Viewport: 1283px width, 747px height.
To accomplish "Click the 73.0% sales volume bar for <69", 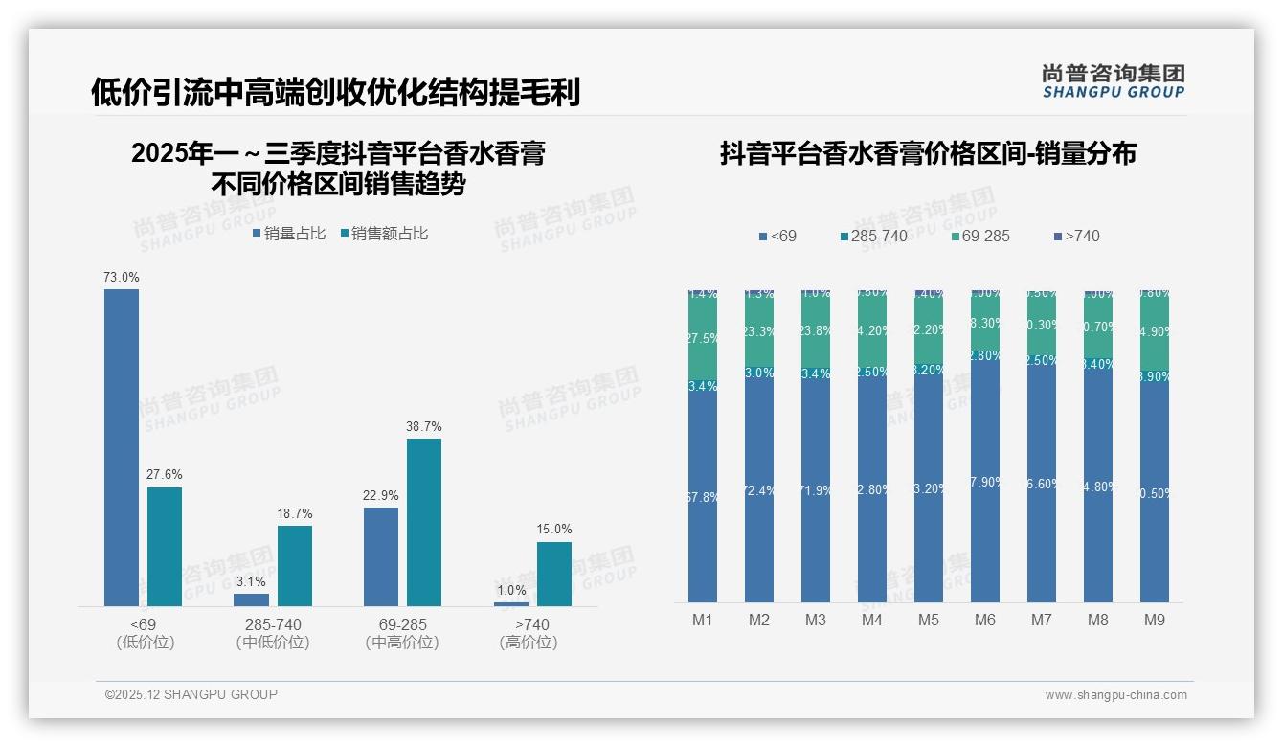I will click(122, 447).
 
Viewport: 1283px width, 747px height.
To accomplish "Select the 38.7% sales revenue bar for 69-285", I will click(424, 522).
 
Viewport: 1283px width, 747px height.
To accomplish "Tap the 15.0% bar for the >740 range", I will click(553, 574).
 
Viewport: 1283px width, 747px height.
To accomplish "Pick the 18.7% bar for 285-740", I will click(295, 565).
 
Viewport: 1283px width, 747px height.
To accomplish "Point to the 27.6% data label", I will click(165, 475).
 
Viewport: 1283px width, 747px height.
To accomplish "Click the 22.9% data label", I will click(381, 495).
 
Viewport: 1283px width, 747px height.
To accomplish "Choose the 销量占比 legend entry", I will click(289, 234).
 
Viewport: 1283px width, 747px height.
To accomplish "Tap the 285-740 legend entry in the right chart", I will click(873, 237).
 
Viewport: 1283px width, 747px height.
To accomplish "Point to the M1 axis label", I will click(703, 621).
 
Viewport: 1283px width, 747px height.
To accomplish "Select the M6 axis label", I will click(985, 621).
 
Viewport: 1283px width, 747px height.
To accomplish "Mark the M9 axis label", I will click(1155, 621).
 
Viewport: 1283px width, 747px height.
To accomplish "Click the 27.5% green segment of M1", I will click(703, 339).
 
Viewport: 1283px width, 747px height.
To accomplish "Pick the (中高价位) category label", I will click(402, 643).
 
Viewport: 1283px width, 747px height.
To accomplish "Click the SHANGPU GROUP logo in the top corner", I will click(1113, 82).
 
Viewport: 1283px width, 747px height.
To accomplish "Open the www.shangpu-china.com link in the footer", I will click(1115, 695).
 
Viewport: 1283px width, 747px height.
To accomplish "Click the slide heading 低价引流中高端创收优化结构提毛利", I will click(336, 93).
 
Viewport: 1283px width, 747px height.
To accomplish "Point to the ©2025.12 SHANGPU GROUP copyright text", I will click(191, 694).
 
